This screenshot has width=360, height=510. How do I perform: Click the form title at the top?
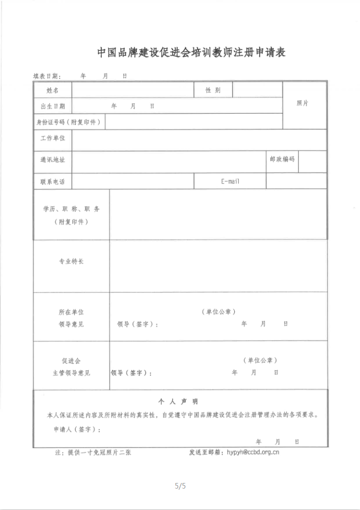191,52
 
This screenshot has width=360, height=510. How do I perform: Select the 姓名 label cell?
52,90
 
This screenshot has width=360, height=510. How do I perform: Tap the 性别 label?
213,90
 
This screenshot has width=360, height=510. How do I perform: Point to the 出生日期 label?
52,106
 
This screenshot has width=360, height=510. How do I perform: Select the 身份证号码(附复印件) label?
69,122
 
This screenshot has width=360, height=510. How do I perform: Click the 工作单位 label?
52,139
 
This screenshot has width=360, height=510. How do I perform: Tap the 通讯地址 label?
52,159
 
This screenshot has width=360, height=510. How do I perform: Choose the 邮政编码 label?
282,159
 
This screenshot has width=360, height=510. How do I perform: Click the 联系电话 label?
52,181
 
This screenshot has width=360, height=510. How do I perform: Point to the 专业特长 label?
71,261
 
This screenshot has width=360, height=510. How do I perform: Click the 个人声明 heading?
178,401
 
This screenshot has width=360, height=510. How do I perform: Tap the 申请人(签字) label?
77,430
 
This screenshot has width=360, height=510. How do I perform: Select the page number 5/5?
180,486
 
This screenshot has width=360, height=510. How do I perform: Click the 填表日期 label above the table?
47,76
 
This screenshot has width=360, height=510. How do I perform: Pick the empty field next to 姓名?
132,90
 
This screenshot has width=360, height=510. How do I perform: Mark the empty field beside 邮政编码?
313,162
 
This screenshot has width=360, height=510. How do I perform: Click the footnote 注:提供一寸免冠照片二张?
93,452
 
